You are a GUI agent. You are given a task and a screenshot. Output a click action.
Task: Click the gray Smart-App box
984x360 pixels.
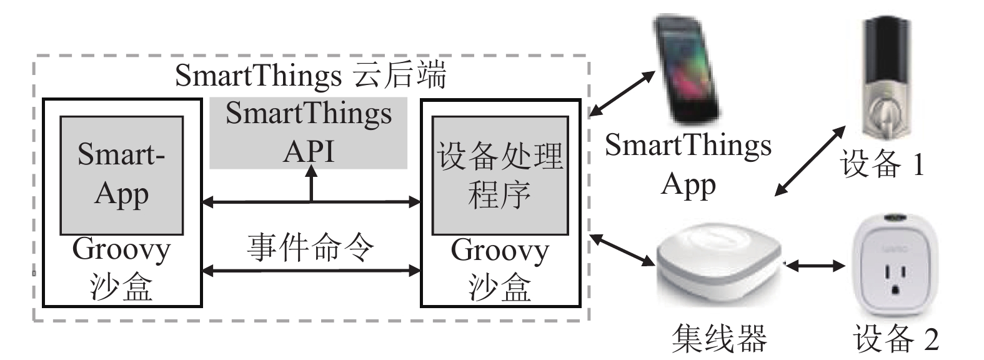point(122,175)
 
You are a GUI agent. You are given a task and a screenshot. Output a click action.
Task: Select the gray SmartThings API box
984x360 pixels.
point(309,133)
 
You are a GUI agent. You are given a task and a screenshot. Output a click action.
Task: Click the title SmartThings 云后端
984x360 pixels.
point(311,76)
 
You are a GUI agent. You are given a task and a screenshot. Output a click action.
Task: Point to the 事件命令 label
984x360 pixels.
point(311,247)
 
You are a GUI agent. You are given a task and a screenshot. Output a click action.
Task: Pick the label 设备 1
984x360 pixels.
point(882,164)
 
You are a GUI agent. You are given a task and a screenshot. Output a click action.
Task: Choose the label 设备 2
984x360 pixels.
point(895,339)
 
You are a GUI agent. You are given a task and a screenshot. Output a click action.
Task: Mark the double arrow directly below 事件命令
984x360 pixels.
point(311,271)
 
